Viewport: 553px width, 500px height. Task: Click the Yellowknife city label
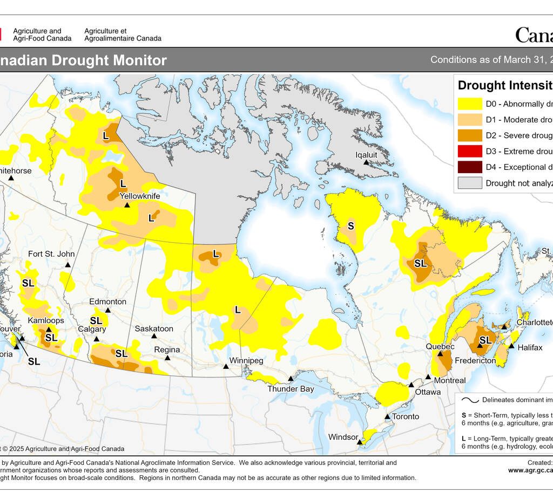(139, 196)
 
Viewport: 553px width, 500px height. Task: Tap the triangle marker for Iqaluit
(366, 162)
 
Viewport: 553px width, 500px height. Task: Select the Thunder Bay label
(291, 389)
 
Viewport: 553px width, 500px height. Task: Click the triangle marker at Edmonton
(107, 310)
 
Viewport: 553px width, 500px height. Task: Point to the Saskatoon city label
(154, 328)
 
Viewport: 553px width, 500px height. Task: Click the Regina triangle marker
(168, 358)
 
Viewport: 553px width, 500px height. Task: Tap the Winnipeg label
(246, 360)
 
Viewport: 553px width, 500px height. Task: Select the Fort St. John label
(51, 254)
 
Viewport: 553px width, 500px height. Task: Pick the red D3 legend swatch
(469, 151)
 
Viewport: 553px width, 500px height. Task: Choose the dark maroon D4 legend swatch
(469, 167)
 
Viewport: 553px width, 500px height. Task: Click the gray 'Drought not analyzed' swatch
(469, 183)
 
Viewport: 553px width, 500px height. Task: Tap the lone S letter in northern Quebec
(350, 226)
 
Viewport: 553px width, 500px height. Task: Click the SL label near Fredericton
(485, 340)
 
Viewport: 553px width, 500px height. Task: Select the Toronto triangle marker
(387, 416)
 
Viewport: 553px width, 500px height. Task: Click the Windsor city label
(343, 437)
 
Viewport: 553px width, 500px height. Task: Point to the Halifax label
(530, 348)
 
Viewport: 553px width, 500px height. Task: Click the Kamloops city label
(46, 320)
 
